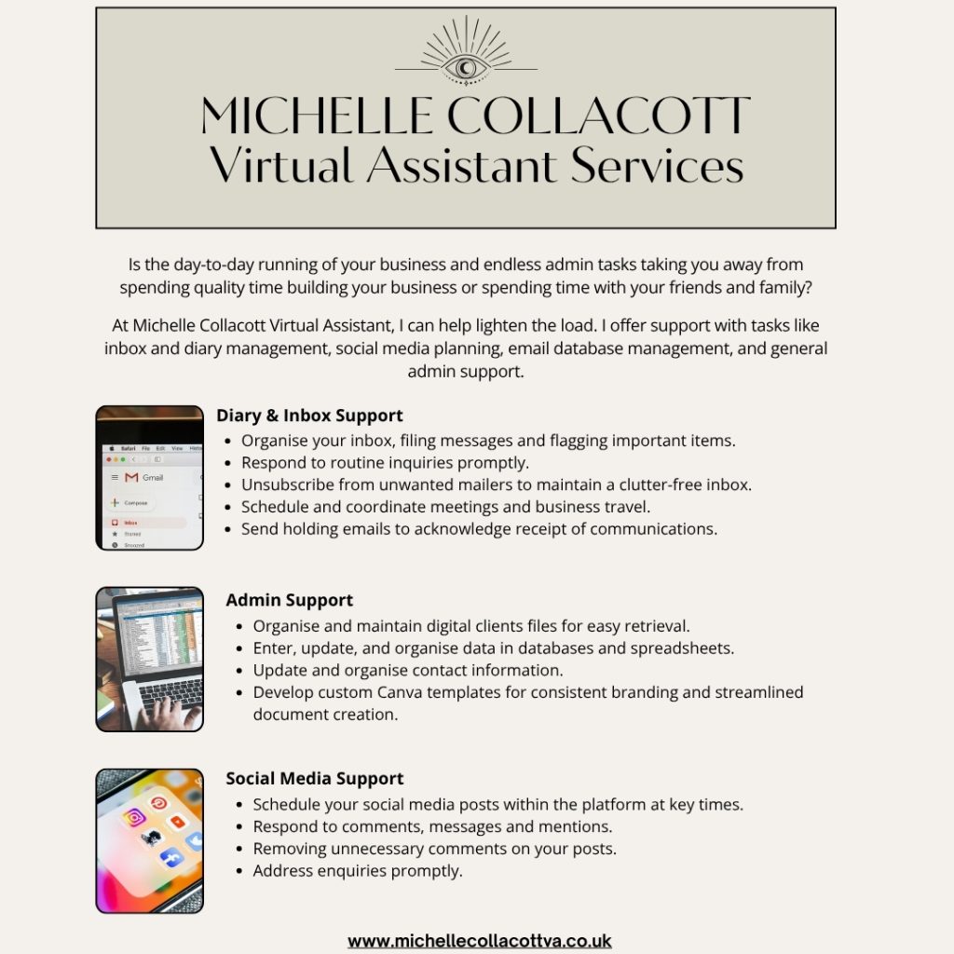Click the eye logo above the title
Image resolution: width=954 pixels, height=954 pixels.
465,67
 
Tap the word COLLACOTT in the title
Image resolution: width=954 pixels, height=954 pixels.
597,116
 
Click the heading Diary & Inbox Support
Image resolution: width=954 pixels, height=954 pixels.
309,416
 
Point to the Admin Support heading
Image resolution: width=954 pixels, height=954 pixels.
289,600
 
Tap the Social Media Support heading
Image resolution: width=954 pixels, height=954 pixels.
314,778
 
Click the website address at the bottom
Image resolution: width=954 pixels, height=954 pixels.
479,940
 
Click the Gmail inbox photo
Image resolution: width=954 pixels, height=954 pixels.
149,477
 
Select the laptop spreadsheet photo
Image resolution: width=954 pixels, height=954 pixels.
149,659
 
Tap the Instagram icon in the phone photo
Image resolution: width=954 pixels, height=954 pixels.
134,817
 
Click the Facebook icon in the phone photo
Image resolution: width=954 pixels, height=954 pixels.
171,858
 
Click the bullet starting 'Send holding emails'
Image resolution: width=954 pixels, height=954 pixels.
479,529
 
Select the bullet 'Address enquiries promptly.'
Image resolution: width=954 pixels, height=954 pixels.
358,871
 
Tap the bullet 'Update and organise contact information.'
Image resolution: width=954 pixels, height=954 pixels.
408,670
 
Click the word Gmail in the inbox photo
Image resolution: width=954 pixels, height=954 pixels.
152,478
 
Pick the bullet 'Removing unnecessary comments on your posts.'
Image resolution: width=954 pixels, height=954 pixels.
434,849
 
